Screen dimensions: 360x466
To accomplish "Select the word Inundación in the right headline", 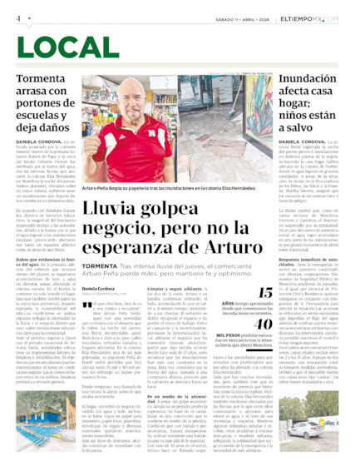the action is pyautogui.click(x=301, y=78).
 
